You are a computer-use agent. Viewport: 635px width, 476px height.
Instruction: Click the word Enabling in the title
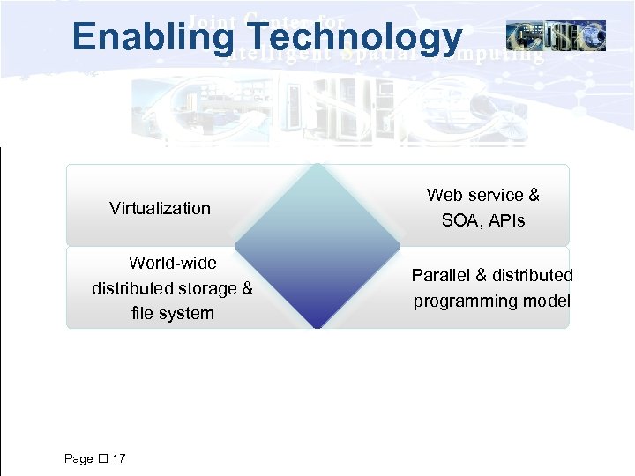tap(151, 38)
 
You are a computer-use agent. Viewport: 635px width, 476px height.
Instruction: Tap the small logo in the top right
tap(556, 36)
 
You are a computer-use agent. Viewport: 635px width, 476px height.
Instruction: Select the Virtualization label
tap(160, 208)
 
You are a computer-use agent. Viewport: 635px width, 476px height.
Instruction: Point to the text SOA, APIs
tap(482, 220)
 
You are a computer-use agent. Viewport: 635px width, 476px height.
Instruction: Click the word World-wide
tap(172, 263)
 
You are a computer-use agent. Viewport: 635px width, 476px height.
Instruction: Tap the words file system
tap(172, 313)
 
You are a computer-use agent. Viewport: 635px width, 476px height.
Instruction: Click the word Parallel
tap(438, 275)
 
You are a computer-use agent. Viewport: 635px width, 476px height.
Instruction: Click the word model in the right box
tap(546, 301)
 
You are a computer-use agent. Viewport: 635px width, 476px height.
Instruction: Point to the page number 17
tap(119, 458)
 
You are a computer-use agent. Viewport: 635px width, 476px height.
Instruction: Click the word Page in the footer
tap(78, 458)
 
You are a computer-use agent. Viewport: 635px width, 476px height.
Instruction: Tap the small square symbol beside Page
tap(102, 458)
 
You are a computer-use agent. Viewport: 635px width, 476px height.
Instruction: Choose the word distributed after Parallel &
tap(527, 275)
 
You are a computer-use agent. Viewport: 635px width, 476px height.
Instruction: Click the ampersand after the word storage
tap(246, 288)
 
